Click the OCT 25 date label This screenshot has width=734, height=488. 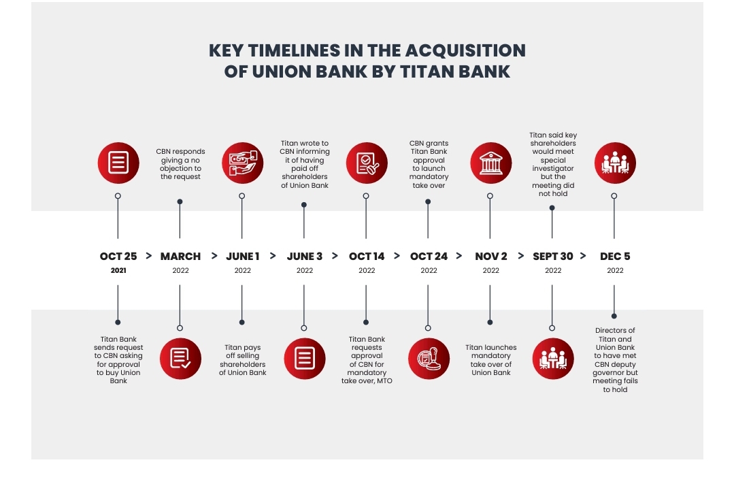tap(118, 257)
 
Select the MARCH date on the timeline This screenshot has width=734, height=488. tap(180, 257)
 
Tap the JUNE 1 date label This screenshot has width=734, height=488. tap(242, 257)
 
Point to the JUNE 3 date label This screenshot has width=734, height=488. tap(304, 257)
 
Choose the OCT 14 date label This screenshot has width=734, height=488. tap(367, 257)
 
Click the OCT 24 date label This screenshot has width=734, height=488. tap(429, 257)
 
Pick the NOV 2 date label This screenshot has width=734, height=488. tap(490, 257)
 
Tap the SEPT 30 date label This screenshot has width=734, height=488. tap(552, 257)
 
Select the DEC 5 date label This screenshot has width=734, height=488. tap(614, 257)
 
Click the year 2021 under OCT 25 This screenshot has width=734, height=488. tap(118, 271)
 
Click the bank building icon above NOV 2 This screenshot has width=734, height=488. tap(490, 163)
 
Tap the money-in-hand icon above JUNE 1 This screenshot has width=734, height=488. tap(242, 163)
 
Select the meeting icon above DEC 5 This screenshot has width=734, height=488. tap(614, 163)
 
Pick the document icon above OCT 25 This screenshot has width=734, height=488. tap(118, 163)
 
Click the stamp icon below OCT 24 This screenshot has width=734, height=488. tap(429, 358)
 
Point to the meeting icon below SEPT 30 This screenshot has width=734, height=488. tap(552, 358)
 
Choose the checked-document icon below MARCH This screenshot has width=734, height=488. tap(180, 358)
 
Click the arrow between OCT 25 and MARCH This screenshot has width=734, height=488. tap(148, 257)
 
